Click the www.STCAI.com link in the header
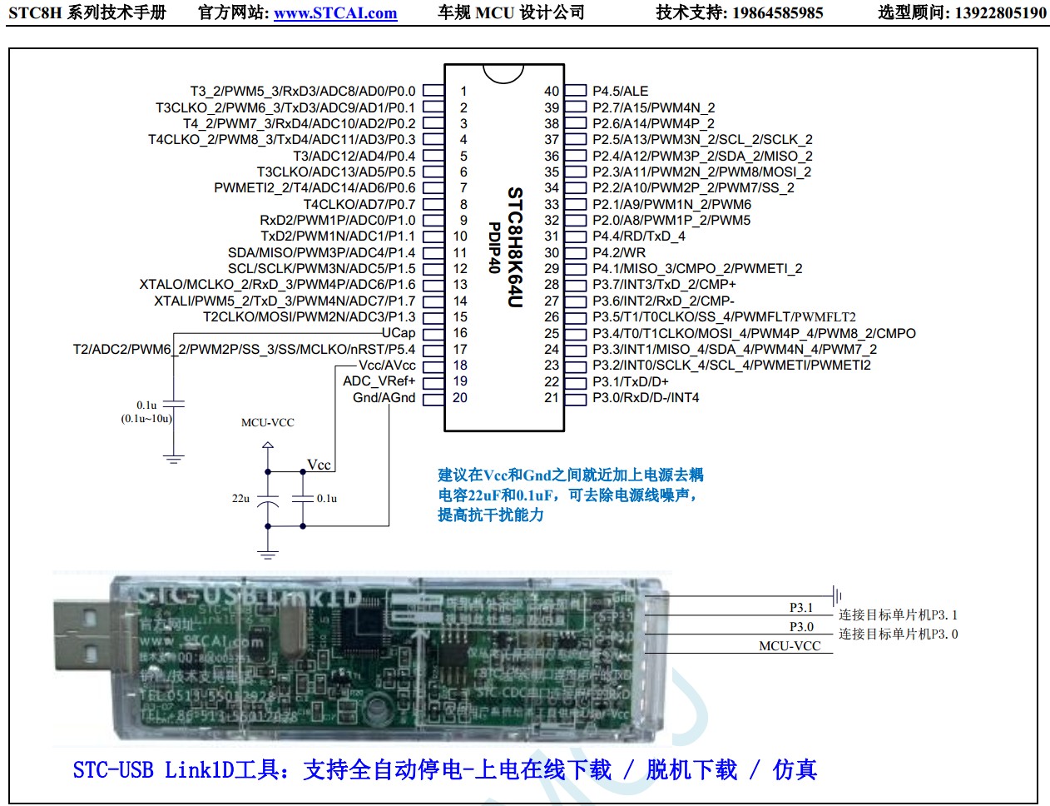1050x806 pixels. [335, 13]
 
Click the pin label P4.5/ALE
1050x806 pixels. [620, 91]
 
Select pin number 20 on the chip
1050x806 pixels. [460, 398]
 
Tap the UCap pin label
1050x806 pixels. [399, 333]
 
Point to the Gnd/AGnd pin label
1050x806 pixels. [384, 398]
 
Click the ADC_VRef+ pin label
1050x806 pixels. [379, 381]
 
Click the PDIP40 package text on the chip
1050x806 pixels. [494, 247]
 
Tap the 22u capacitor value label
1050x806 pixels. [240, 499]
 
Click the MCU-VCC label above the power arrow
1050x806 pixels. [268, 423]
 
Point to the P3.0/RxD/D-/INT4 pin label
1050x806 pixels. [646, 398]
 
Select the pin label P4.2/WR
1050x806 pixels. [618, 252]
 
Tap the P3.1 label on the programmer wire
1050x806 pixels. [801, 608]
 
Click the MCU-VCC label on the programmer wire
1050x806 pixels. [790, 646]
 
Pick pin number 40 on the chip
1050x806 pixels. [552, 91]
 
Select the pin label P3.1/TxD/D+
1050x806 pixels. [630, 381]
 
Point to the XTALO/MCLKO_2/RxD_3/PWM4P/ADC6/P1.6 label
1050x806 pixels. [277, 285]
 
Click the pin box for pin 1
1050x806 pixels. [432, 91]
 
